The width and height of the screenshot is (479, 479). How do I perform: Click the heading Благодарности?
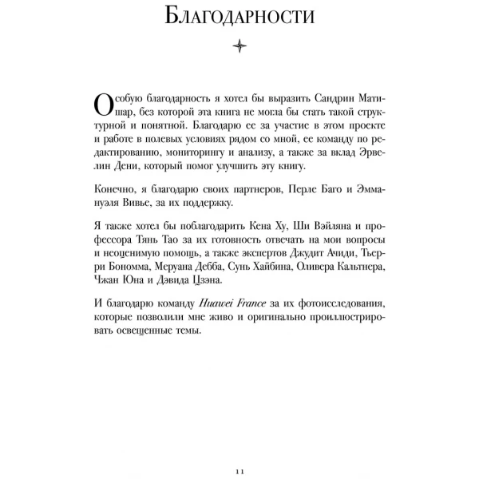point(239,17)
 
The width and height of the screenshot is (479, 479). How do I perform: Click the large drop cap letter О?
point(103,105)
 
